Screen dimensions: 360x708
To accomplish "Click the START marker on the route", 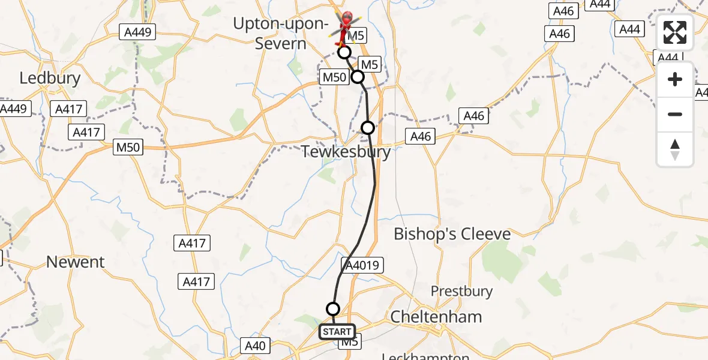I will [x=337, y=332].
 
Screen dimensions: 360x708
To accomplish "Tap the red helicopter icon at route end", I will [x=346, y=25].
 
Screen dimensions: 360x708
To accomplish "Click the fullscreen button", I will [x=675, y=32].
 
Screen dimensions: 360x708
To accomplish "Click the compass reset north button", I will [x=675, y=149].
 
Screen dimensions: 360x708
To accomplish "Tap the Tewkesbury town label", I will [x=346, y=152].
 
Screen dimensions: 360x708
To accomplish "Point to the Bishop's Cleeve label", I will [x=452, y=234].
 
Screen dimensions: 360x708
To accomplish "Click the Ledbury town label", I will [x=42, y=78].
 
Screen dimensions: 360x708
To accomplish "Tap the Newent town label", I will [x=75, y=262].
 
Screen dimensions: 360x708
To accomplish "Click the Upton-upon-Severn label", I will [x=281, y=34].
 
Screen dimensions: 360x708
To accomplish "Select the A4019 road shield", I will [x=362, y=265].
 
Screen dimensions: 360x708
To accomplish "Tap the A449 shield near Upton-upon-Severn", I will [x=137, y=32].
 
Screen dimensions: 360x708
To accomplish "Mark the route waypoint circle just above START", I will [x=332, y=309].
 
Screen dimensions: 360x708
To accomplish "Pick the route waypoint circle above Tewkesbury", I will [x=368, y=127].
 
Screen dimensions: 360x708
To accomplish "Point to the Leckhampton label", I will [x=426, y=356].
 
